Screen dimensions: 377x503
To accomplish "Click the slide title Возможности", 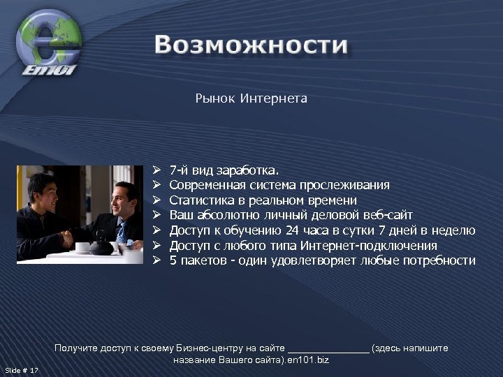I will [251, 45].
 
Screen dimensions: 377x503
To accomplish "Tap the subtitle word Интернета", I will [273, 98].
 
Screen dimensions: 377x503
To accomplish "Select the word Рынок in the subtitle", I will [214, 98].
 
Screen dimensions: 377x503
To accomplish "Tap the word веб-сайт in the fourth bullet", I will [389, 215].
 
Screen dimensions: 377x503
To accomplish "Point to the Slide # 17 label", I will [22, 370].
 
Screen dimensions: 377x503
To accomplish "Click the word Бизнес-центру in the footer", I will [208, 348].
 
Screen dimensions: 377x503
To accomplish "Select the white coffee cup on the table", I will [82, 247].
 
